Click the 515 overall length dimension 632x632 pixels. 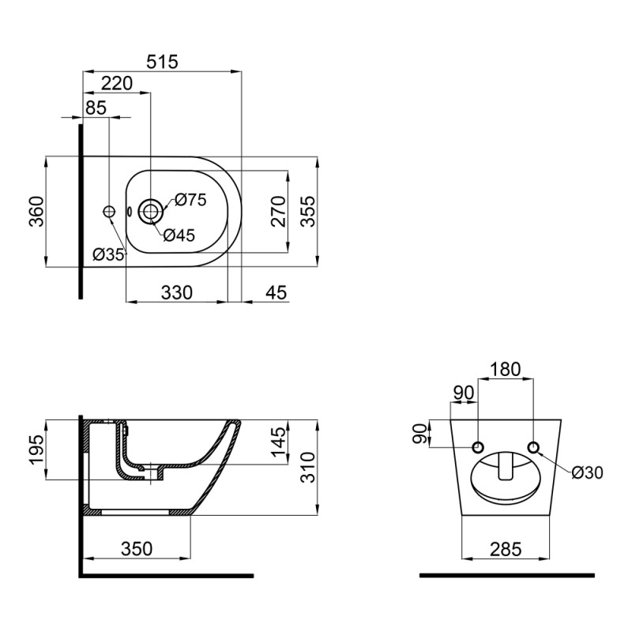click(164, 61)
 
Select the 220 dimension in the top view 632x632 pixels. click(116, 83)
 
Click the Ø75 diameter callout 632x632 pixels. click(190, 200)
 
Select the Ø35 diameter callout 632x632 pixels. click(109, 254)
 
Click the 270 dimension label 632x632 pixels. click(278, 212)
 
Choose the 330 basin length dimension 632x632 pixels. click(177, 292)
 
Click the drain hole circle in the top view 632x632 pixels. click(150, 211)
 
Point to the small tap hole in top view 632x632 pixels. click(110, 211)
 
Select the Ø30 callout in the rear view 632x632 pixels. click(588, 472)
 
